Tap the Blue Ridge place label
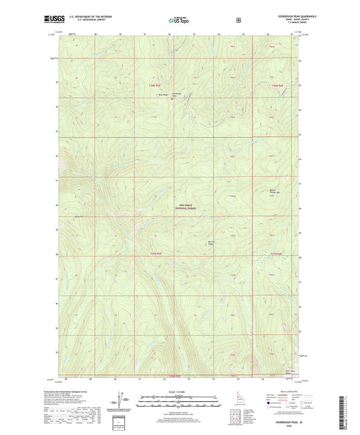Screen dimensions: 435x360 click(x=163, y=95)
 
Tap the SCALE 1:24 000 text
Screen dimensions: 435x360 click(x=180, y=392)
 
